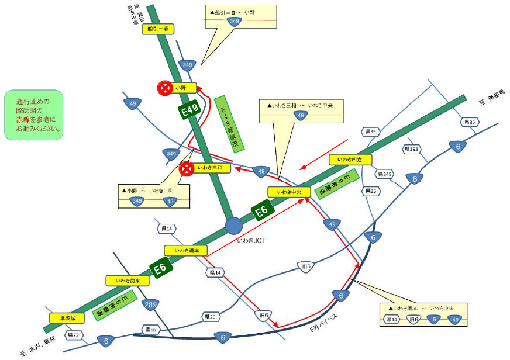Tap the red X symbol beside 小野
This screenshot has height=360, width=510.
pos(165,88)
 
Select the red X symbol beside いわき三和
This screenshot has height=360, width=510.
pos(187,169)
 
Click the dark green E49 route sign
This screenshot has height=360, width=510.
pos(191,109)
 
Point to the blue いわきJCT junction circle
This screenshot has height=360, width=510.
pos(234,225)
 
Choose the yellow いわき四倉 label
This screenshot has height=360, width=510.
pos(350,160)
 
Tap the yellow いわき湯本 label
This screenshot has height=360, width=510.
pos(185,250)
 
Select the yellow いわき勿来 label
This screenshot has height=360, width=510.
pos(127,281)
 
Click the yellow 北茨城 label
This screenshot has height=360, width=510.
pos(68,319)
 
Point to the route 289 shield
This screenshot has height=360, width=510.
pos(151,304)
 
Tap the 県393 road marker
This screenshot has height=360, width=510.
pos(412,150)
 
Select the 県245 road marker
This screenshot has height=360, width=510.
pos(385,174)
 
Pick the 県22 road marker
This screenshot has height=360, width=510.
pos(74,335)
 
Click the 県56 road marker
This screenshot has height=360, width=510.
pos(151,330)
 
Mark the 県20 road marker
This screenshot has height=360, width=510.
pos(210,317)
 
